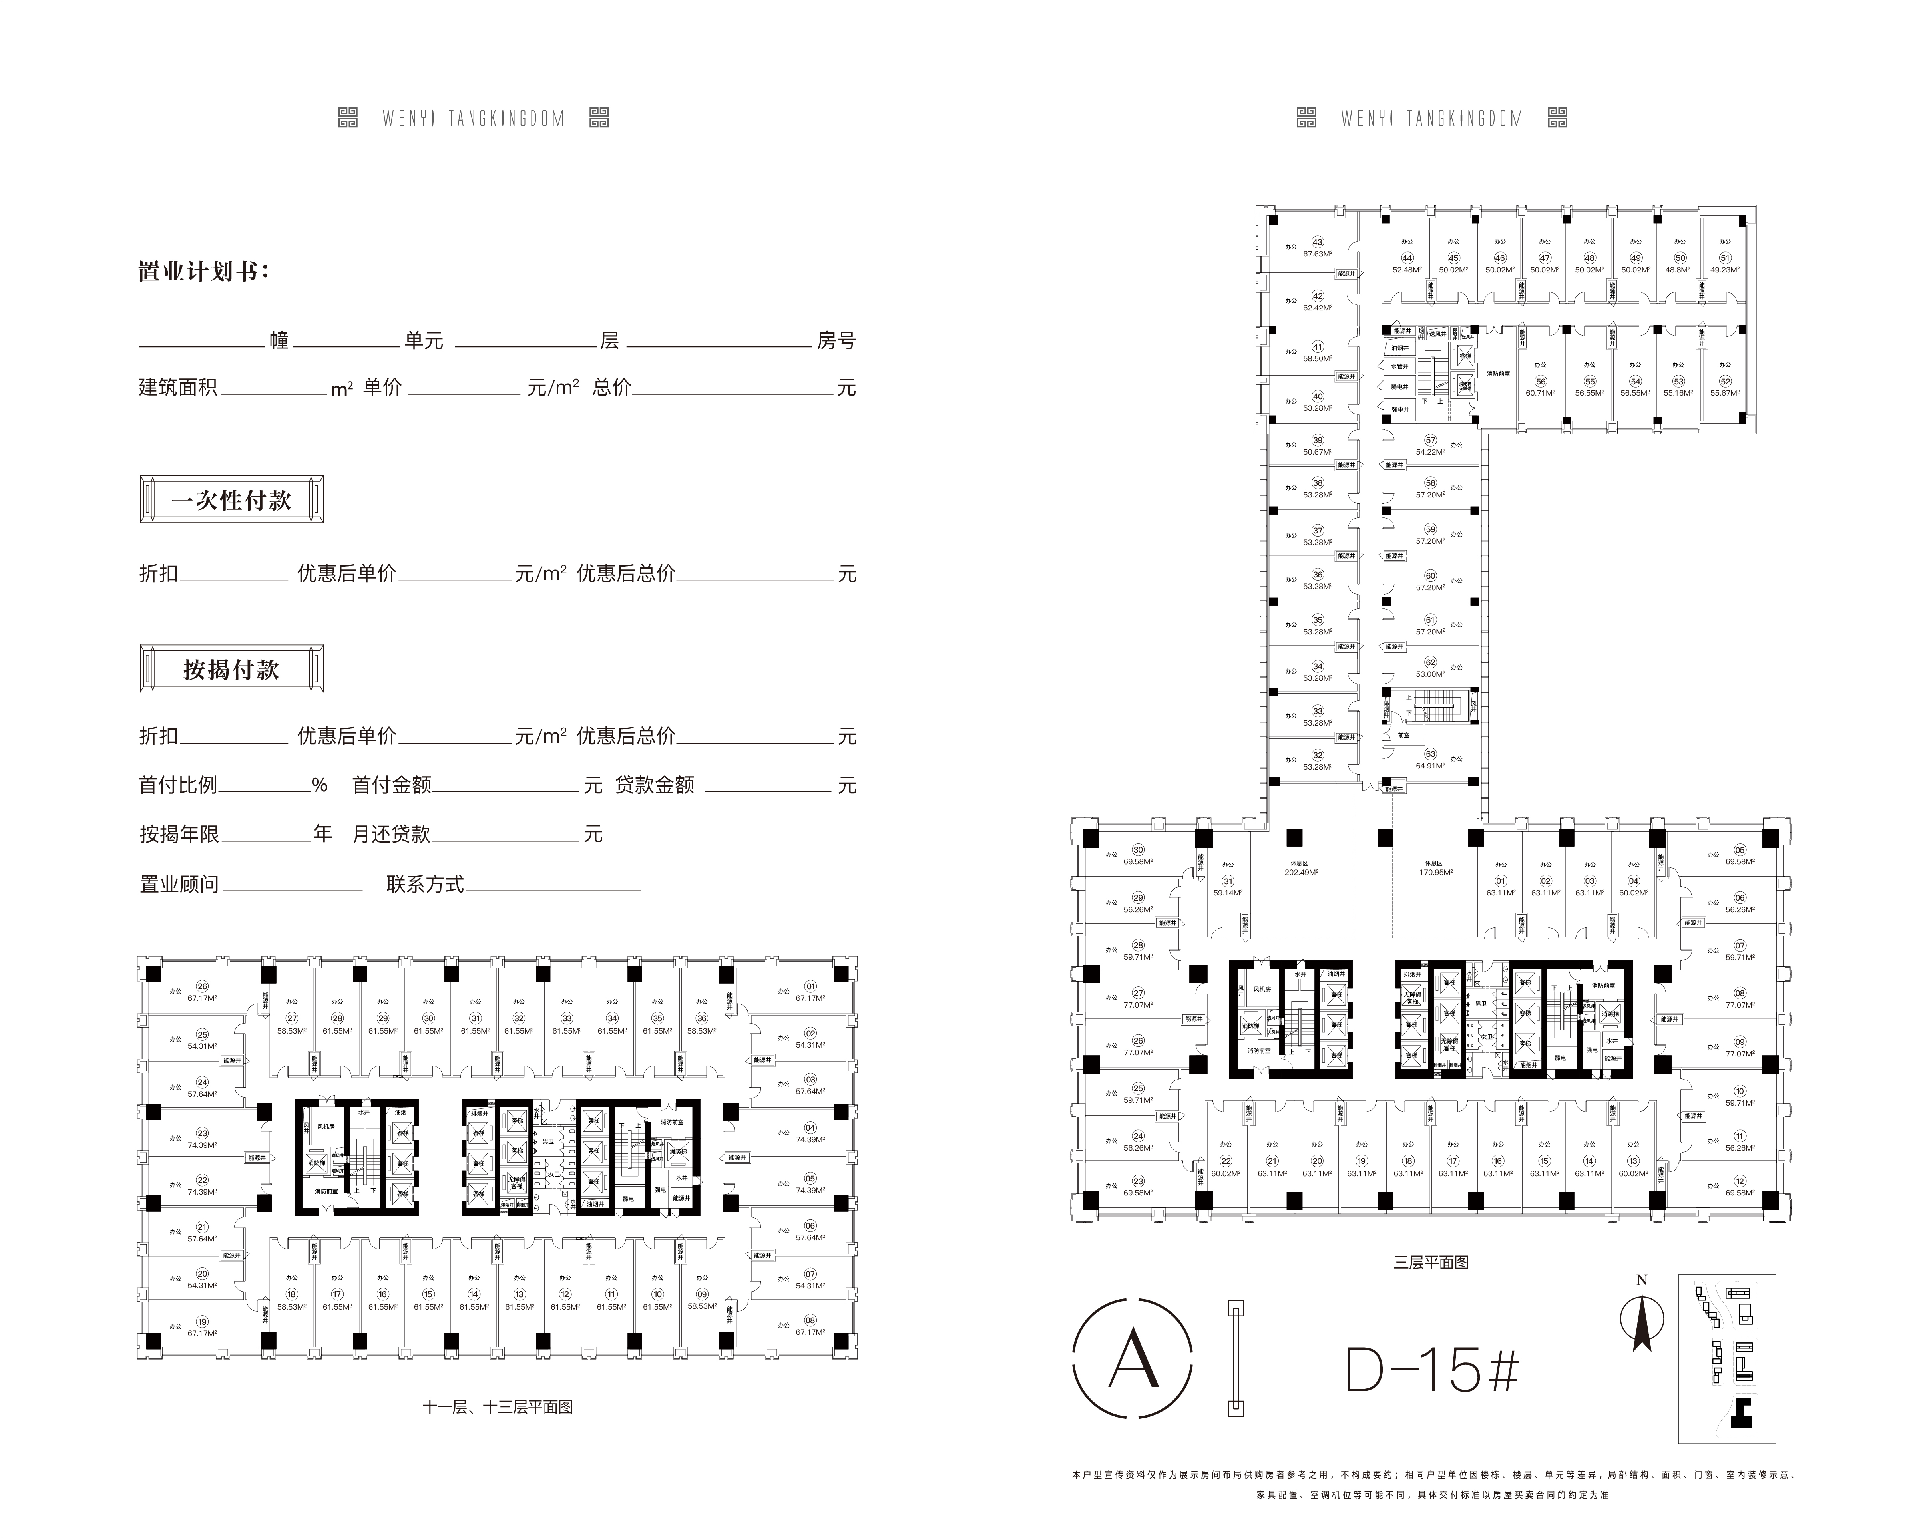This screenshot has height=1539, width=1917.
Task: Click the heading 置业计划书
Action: tap(203, 271)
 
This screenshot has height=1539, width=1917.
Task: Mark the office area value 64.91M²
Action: tap(1430, 766)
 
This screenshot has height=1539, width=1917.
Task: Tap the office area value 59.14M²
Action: tap(1228, 893)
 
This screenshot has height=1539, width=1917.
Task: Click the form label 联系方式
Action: tap(425, 885)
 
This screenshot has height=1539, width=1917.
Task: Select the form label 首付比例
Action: tap(178, 785)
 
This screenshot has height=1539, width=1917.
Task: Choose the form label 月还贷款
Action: tap(391, 834)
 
